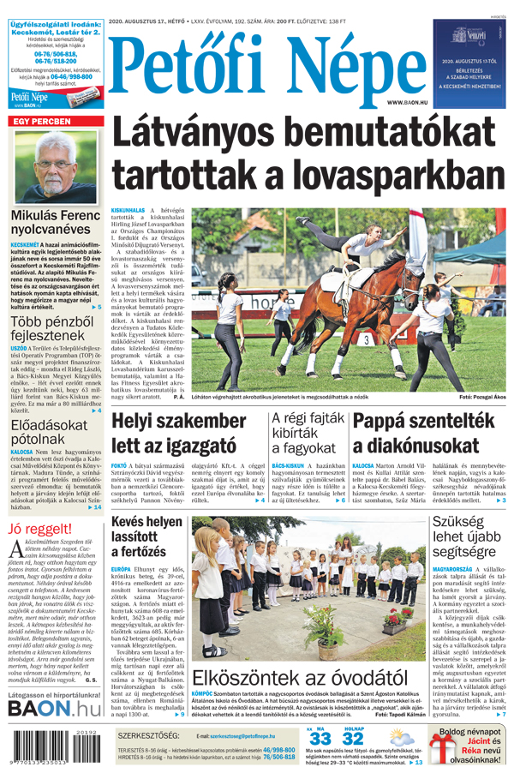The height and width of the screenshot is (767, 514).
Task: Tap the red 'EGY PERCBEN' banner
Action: point(40,122)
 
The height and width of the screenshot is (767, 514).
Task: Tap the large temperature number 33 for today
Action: point(320,738)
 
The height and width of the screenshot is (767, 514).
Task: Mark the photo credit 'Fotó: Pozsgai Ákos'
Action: point(482,398)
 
